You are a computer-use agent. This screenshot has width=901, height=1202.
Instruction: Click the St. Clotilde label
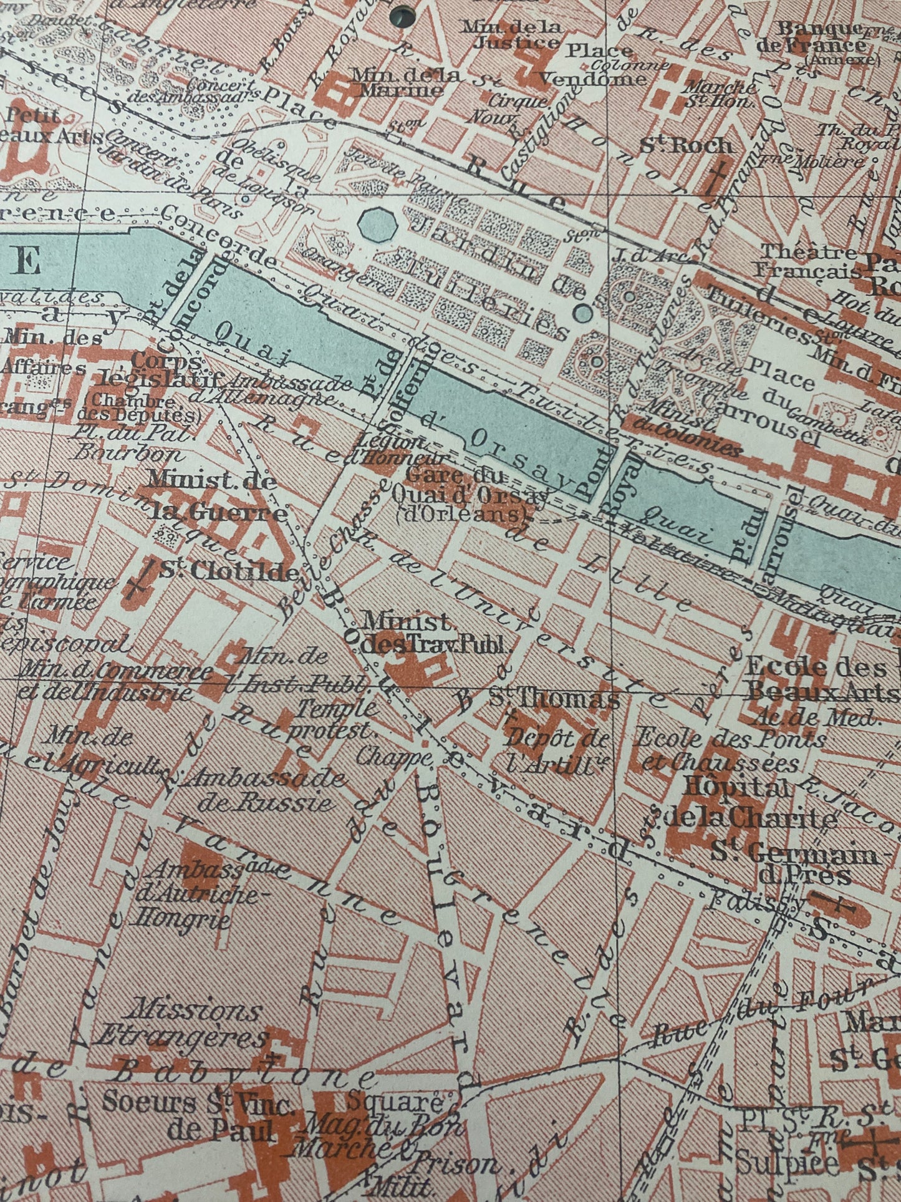pyautogui.click(x=229, y=571)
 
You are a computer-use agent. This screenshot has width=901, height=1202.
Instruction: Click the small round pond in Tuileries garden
pyautogui.click(x=583, y=313)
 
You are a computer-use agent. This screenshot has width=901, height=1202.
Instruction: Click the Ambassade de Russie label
pyautogui.click(x=266, y=788)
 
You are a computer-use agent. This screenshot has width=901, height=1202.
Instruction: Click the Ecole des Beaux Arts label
pyautogui.click(x=815, y=678)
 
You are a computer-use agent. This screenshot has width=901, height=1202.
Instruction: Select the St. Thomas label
pyautogui.click(x=554, y=699)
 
